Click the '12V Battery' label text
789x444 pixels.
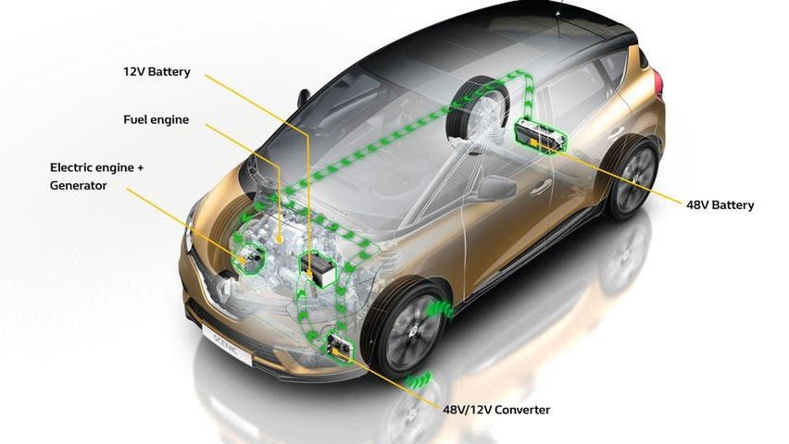tap(157, 71)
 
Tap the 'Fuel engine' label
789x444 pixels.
tap(156, 119)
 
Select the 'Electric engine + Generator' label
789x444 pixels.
tap(96, 177)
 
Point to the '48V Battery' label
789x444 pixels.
tap(720, 205)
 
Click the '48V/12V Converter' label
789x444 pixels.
tap(496, 410)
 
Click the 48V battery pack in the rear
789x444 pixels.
tap(540, 133)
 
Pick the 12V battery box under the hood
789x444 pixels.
tap(317, 269)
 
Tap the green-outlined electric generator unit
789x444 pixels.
tap(250, 257)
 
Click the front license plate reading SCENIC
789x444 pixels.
tap(227, 343)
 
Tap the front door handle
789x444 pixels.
tap(540, 188)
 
